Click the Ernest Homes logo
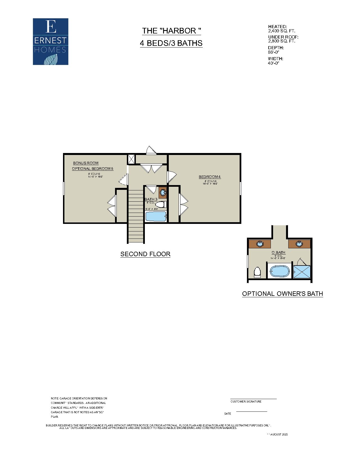pos(51,42)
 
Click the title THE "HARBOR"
pos(171,31)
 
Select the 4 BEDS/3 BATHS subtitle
pos(171,43)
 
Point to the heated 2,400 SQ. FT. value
pos(282,31)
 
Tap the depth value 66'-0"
pos(273,52)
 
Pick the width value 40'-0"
pos(273,63)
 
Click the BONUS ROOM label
pos(86,163)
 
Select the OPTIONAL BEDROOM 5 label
pos(93,169)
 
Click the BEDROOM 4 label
pos(210,177)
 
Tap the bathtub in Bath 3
pos(156,217)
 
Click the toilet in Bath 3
pos(161,204)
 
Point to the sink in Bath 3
pos(163,193)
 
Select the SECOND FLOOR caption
pos(145,254)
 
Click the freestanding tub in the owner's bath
pos(280,271)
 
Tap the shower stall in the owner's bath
pos(302,272)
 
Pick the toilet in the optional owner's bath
pos(257,272)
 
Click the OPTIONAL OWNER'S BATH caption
pos(282,294)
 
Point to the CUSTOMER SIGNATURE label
pos(246,402)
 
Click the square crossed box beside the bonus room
pos(131,159)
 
